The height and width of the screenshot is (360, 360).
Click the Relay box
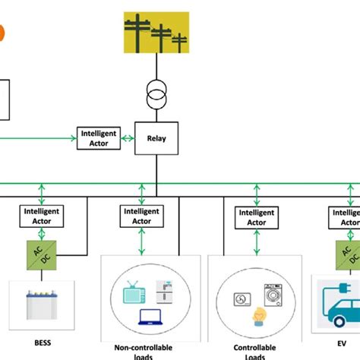point(156,138)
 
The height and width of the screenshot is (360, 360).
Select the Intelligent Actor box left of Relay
point(99,138)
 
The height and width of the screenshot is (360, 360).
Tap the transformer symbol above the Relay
point(156,96)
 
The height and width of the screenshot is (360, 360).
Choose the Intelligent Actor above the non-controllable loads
point(141,216)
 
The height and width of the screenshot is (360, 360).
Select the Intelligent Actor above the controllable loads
point(257,216)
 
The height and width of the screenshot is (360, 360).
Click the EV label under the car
point(331,342)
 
